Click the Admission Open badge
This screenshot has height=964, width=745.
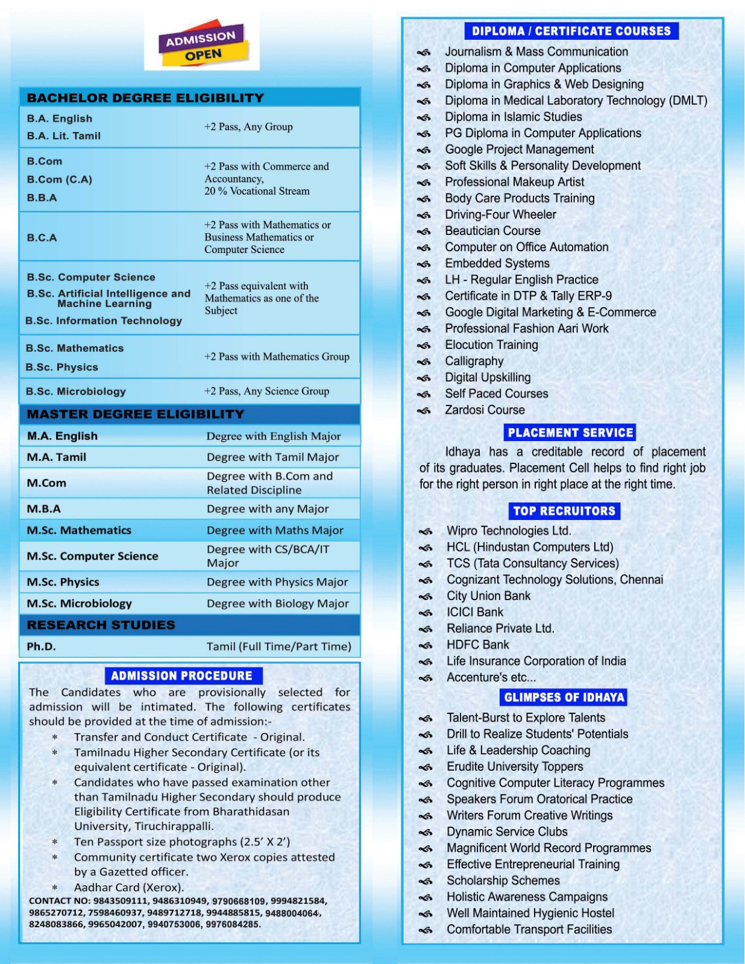click(202, 46)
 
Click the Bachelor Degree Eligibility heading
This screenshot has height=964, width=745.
click(145, 98)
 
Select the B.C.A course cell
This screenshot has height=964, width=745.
click(42, 237)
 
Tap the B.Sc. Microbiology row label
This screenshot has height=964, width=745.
click(75, 392)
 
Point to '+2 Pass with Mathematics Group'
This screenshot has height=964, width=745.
click(277, 357)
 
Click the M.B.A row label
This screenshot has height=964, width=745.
click(43, 509)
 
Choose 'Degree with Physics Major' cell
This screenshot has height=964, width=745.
click(277, 582)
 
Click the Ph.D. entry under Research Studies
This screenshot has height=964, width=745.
click(41, 646)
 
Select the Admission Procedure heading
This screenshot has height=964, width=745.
click(181, 676)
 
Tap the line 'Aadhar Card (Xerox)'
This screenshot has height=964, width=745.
click(128, 887)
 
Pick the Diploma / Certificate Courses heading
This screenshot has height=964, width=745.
click(571, 31)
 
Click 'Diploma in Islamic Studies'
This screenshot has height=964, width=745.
click(514, 117)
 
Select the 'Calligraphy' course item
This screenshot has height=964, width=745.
click(474, 361)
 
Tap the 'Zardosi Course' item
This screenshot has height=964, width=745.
click(485, 410)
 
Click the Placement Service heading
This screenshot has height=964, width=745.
click(570, 433)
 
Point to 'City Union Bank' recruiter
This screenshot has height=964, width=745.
click(488, 596)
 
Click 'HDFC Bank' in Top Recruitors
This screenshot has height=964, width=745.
click(477, 645)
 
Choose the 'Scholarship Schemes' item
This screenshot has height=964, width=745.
click(503, 880)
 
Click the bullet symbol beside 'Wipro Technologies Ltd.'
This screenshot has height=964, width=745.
click(426, 531)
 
